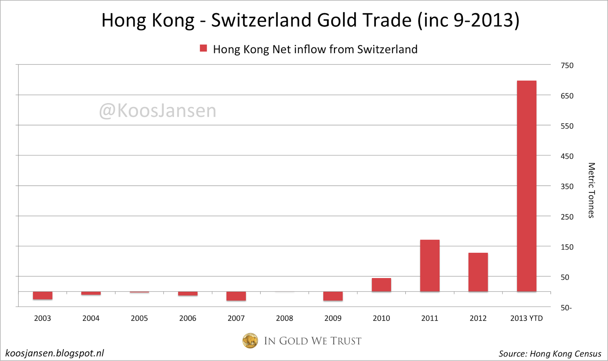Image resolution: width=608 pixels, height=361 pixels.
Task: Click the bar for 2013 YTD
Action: [x=526, y=186]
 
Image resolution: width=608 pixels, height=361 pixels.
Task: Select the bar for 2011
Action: [x=429, y=266]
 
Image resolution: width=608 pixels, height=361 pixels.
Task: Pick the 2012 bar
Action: [x=478, y=272]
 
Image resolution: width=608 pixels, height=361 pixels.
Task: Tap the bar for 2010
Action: [x=381, y=285]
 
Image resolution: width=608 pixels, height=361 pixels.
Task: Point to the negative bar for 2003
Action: [x=43, y=296]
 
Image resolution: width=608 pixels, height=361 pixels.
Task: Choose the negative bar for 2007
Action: [x=236, y=296]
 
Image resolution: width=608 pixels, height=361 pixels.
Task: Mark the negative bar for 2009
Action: [x=333, y=296]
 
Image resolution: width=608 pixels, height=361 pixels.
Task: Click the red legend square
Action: [x=204, y=48]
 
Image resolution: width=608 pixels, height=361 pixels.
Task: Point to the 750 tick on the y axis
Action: [x=567, y=65]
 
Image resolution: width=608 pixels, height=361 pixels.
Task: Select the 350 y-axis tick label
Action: [x=567, y=186]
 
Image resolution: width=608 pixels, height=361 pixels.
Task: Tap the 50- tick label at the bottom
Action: [x=566, y=307]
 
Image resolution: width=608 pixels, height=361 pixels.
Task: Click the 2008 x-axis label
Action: [x=284, y=318]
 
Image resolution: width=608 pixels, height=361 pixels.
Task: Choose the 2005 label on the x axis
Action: [x=139, y=318]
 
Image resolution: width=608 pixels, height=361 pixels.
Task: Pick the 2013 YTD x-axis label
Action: [x=526, y=318]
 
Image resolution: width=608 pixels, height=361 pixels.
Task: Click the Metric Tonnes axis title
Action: [x=591, y=190]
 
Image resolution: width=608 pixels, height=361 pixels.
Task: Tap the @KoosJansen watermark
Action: [x=157, y=111]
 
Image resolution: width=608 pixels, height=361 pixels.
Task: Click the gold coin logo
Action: [x=250, y=340]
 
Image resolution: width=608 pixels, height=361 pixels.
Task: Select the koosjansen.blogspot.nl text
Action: [x=55, y=353]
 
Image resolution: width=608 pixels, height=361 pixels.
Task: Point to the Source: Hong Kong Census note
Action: [x=550, y=354]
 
